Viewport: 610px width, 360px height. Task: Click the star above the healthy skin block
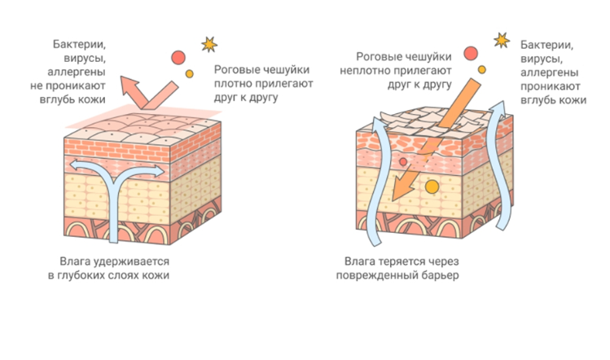[209, 42]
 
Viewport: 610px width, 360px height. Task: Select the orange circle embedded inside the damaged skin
[432, 187]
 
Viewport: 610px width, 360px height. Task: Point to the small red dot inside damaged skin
[403, 163]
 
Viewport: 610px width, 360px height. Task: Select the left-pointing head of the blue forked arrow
[72, 166]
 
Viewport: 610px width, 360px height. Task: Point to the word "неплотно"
[380, 70]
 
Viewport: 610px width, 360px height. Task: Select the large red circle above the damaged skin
[471, 53]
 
